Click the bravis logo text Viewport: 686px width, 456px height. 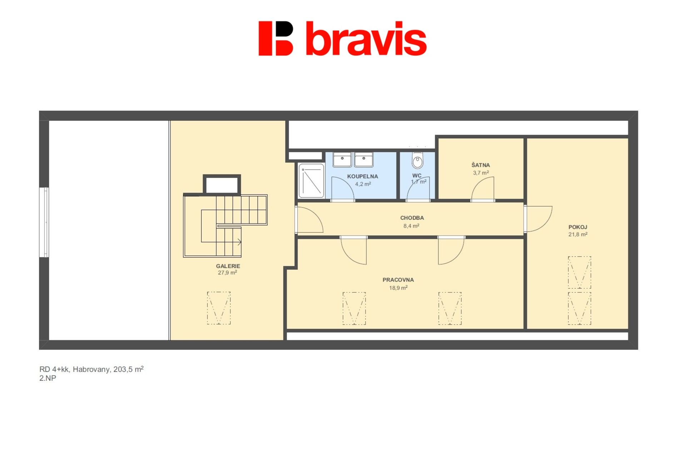point(366,39)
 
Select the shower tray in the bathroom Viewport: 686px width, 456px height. point(311,181)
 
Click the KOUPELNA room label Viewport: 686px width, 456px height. point(362,176)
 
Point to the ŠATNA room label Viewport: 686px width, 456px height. point(481,165)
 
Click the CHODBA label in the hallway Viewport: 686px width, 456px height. point(412,218)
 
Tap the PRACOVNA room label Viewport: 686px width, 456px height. point(398,280)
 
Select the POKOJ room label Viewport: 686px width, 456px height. point(578,227)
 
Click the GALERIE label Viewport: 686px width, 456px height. point(228,266)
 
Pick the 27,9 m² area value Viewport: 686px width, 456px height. point(228,273)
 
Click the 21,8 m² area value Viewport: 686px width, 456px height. point(578,234)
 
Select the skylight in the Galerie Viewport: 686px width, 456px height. point(219,308)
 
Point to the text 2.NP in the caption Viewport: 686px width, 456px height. point(48,378)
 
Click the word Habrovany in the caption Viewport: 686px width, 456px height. point(91,370)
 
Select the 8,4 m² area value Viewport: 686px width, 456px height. point(411,226)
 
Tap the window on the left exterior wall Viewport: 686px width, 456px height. point(44,222)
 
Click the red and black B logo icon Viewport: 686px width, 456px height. point(276,39)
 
